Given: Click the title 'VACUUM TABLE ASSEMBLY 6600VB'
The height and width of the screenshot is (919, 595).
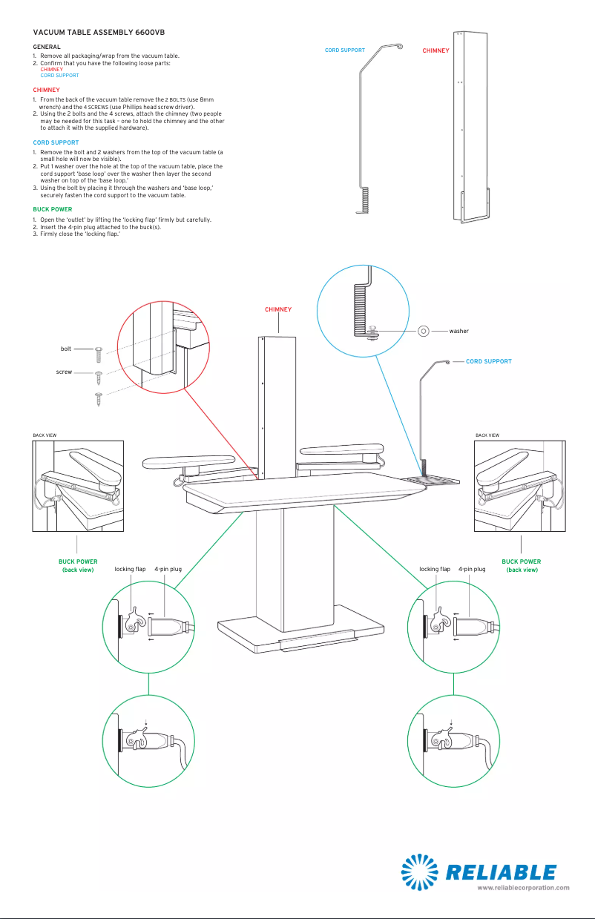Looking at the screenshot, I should click(93, 33).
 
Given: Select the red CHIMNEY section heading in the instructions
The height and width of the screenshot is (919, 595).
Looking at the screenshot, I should click(46, 90).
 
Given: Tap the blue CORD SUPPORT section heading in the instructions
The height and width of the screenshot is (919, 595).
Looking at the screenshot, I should click(56, 142).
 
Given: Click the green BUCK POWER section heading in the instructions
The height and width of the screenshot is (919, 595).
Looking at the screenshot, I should click(52, 210).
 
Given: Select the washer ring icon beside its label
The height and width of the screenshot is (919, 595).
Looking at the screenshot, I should click(424, 331).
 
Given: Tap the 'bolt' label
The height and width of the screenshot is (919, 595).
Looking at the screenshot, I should click(66, 348).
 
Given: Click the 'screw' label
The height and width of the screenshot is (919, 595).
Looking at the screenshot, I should click(64, 372).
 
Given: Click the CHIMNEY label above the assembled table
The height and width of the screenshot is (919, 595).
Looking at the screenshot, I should click(278, 310).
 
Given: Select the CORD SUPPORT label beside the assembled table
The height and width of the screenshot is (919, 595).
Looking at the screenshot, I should click(488, 361).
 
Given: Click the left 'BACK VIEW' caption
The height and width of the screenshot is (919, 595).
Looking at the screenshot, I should click(45, 435).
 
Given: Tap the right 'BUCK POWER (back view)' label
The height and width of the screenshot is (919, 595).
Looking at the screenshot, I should click(521, 566).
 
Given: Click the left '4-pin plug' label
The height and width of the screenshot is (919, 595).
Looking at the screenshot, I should click(168, 570).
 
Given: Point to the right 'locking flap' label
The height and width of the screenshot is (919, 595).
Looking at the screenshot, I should click(435, 570).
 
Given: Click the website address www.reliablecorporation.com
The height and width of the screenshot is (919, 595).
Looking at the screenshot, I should click(523, 887).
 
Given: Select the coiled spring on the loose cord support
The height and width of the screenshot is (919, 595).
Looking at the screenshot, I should click(365, 198).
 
